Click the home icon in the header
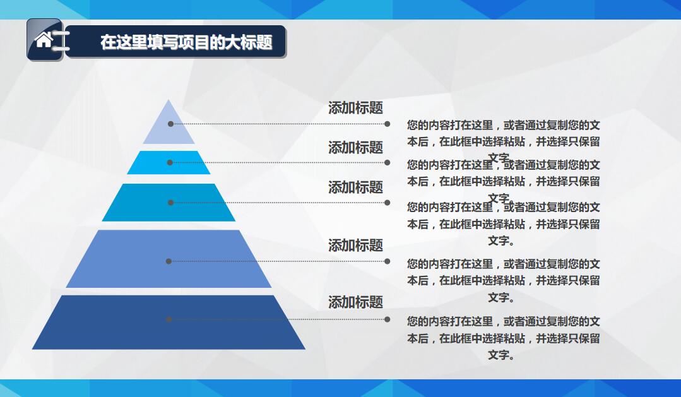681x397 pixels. tap(44, 40)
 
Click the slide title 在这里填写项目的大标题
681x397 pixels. tap(186, 42)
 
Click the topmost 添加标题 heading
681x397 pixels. tap(355, 108)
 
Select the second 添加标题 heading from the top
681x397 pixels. tap(355, 148)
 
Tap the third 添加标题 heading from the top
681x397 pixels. tap(355, 187)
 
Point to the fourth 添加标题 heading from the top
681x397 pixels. tap(355, 245)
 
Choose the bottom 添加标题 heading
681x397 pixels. tap(355, 302)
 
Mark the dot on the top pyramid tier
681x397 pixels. tap(170, 124)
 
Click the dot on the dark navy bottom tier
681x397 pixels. tap(169, 319)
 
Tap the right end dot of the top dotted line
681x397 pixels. tap(387, 124)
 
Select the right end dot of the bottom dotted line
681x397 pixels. tap(387, 319)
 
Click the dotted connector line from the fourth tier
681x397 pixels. tap(278, 261)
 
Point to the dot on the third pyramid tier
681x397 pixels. tap(170, 203)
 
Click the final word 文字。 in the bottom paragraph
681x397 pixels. tap(501, 355)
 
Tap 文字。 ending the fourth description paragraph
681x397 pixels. tap(501, 297)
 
